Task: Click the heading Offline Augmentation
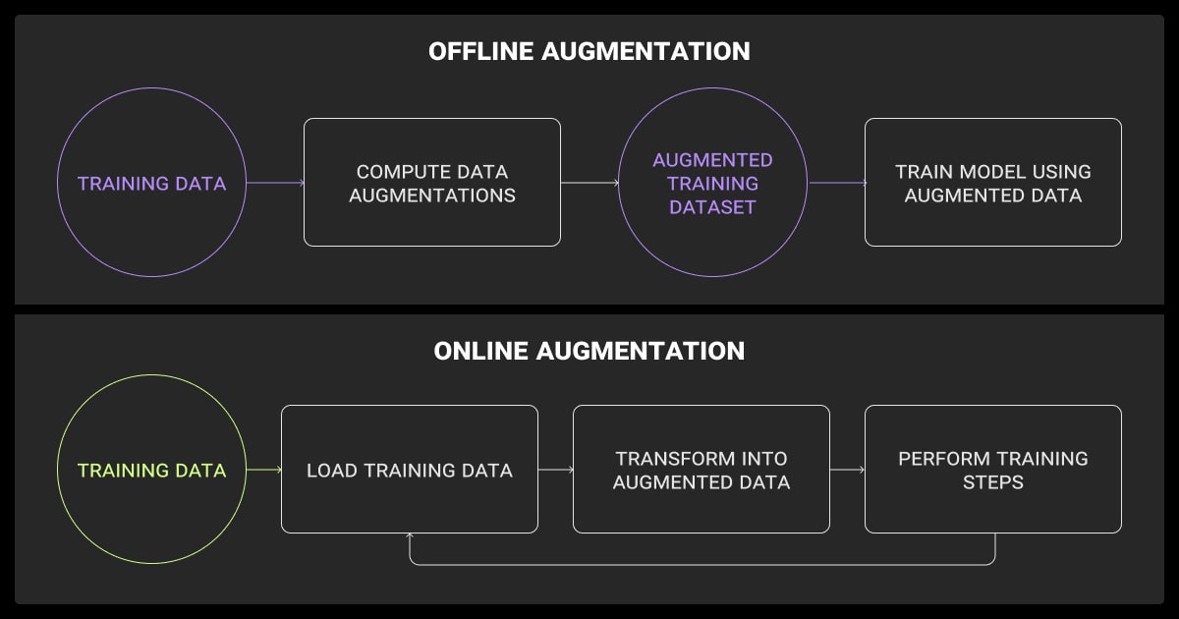[x=589, y=52]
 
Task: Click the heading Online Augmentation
[x=589, y=351]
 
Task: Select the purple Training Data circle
[x=151, y=184]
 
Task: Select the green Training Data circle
[x=151, y=471]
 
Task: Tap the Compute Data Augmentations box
[x=432, y=183]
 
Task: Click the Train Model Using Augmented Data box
[x=992, y=183]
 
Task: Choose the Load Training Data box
[x=409, y=470]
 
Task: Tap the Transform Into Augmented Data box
[x=701, y=470]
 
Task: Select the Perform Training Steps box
[x=992, y=470]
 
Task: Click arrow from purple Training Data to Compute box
[x=274, y=183]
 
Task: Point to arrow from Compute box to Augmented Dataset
[x=589, y=183]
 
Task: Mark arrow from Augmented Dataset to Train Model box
[x=835, y=183]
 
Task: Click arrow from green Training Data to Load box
[x=263, y=471]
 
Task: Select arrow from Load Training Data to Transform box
[x=555, y=471]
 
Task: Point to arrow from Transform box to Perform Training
[x=847, y=471]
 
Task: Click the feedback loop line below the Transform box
[x=702, y=565]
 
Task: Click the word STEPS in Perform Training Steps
[x=992, y=482]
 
